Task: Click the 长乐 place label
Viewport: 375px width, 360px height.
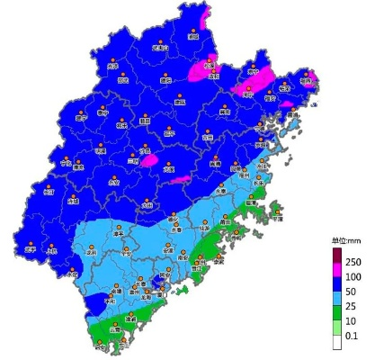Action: (x=259, y=184)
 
